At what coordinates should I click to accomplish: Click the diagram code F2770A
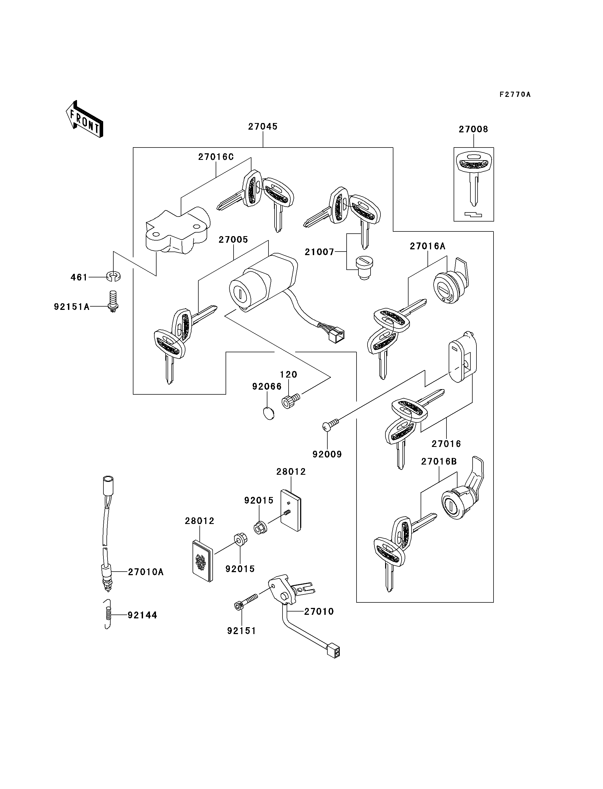(515, 94)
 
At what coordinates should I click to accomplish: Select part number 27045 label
(263, 126)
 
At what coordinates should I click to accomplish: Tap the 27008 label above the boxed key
(473, 129)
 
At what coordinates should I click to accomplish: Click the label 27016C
(216, 157)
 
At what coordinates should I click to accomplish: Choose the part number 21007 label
(319, 252)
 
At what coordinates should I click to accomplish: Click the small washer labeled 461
(113, 277)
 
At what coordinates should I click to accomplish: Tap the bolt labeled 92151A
(113, 301)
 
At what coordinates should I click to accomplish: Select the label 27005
(233, 239)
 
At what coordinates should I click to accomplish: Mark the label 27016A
(427, 246)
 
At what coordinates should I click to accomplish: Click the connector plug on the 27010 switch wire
(333, 652)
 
